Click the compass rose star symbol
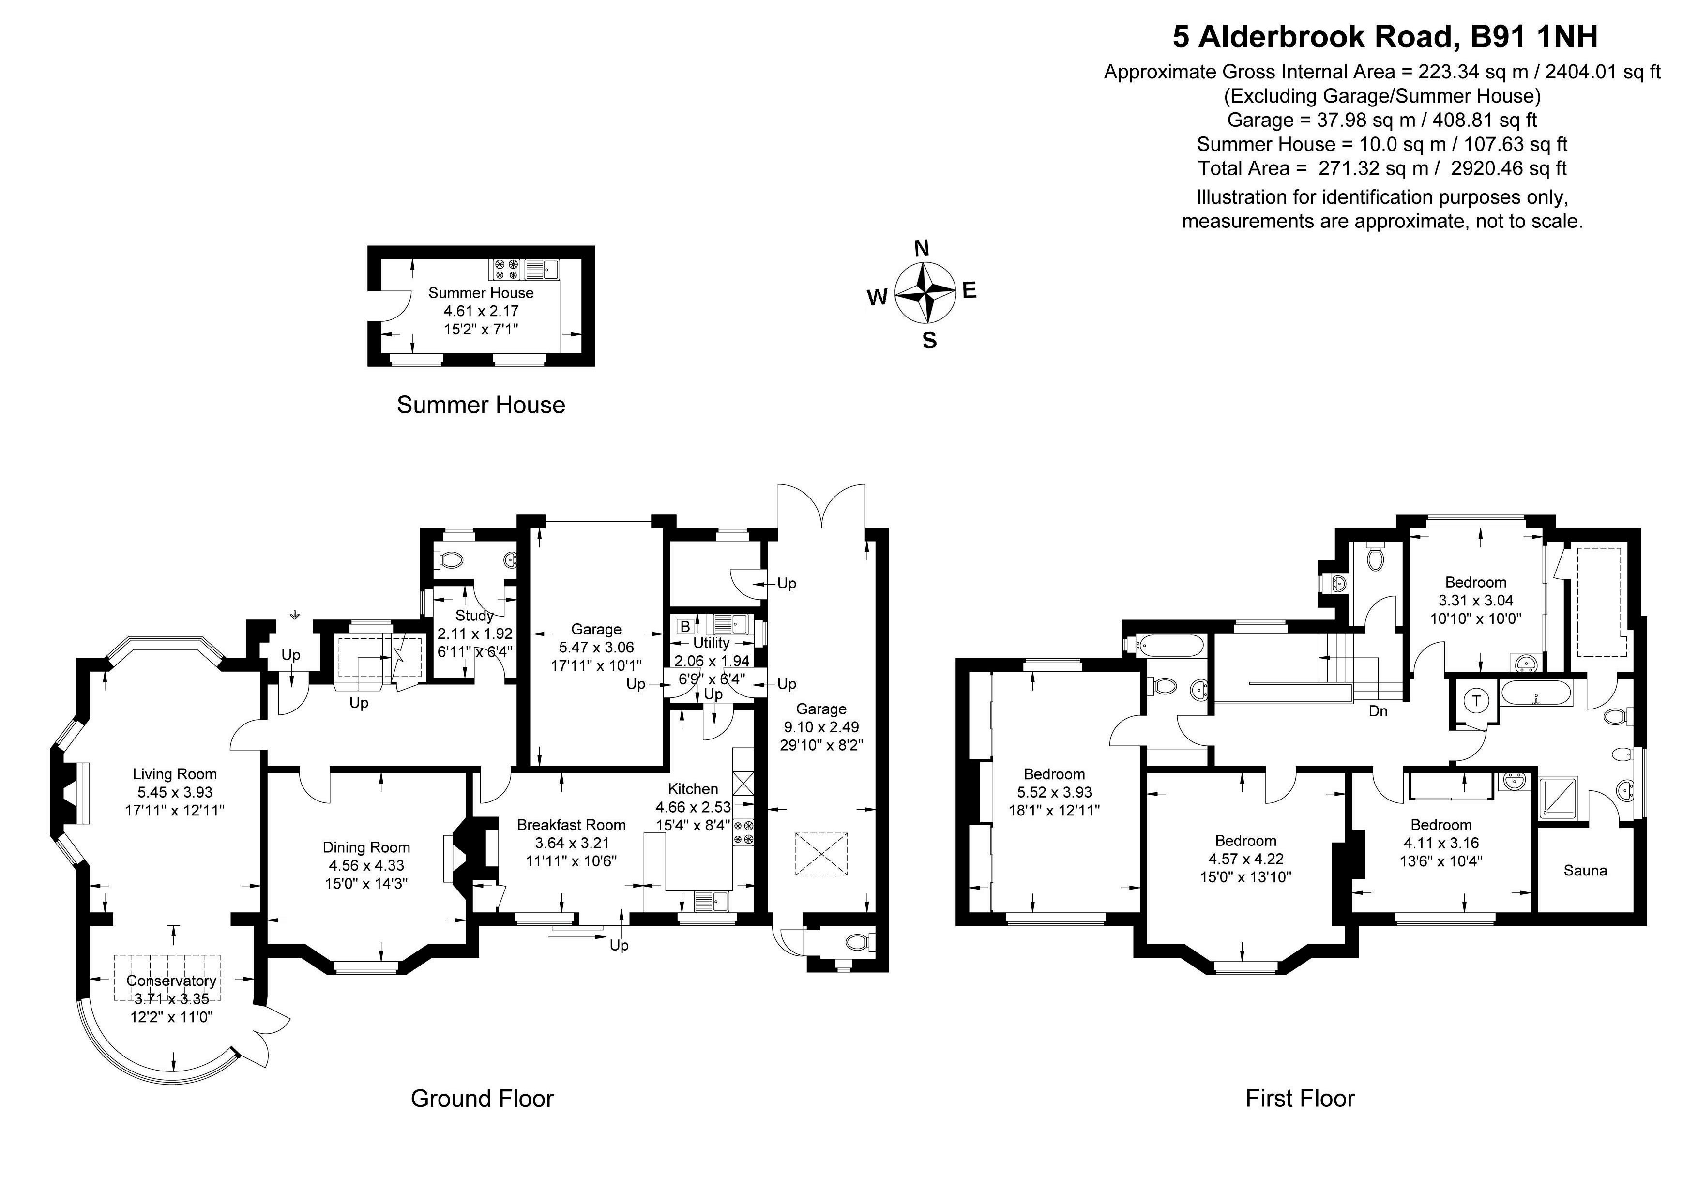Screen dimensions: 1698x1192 pos(925,293)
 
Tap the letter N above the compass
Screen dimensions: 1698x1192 pos(922,248)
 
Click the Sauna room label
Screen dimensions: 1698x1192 pos(1585,870)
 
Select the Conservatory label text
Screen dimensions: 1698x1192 pos(171,981)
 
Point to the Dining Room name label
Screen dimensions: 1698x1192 pos(366,847)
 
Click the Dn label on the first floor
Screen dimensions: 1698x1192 pos(1378,711)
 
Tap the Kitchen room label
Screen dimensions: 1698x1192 pos(693,789)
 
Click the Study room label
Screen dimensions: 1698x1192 pos(474,615)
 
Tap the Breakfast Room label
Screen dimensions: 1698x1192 pos(571,825)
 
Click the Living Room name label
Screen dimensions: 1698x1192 pos(175,774)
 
